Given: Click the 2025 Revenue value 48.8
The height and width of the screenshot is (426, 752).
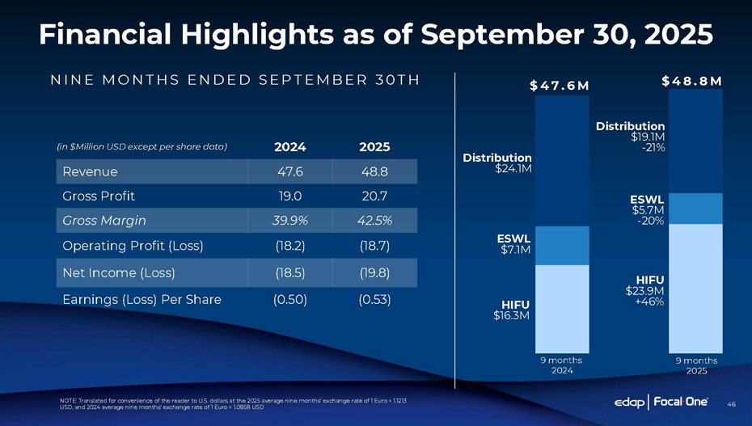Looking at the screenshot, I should pyautogui.click(x=373, y=171).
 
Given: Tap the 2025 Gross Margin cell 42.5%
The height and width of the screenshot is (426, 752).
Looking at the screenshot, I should pyautogui.click(x=373, y=220).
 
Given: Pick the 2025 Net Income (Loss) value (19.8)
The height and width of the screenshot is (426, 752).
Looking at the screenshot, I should pyautogui.click(x=373, y=272).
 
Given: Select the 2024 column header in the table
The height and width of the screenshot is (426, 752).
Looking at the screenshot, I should pyautogui.click(x=289, y=147).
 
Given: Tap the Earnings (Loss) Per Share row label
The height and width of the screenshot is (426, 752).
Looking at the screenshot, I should pyautogui.click(x=142, y=299).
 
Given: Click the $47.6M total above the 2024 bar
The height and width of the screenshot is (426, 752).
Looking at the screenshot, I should pyautogui.click(x=560, y=86).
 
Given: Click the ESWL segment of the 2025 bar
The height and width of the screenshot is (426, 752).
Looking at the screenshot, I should pyautogui.click(x=695, y=209).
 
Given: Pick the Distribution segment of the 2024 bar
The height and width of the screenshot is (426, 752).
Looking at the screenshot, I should pyautogui.click(x=562, y=162).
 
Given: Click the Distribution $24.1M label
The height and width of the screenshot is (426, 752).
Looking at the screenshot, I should pyautogui.click(x=497, y=162).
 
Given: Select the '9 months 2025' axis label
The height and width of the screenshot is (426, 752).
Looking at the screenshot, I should pyautogui.click(x=695, y=365).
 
